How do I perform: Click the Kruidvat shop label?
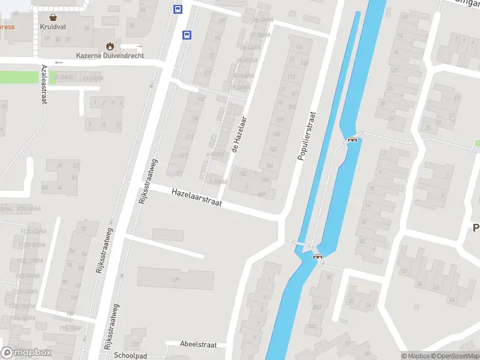tap(53, 27)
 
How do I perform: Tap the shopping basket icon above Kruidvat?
tap(53, 17)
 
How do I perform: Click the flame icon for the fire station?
tap(110, 46)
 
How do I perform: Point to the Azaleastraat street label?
tap(44, 85)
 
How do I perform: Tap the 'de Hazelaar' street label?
tap(239, 133)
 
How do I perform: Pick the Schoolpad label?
tap(130, 355)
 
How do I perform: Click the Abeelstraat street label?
tap(198, 344)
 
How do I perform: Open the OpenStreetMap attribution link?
tap(455, 356)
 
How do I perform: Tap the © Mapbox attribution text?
tap(415, 356)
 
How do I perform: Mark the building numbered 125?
tap(176, 280)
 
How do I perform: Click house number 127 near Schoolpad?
tap(136, 344)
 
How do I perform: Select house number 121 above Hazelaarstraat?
tap(178, 173)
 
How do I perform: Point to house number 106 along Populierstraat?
tap(269, 166)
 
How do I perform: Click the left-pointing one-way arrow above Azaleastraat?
tap(58, 62)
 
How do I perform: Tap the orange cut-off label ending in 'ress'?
tap(7, 27)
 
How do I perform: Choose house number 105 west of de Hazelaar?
tap(200, 98)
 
